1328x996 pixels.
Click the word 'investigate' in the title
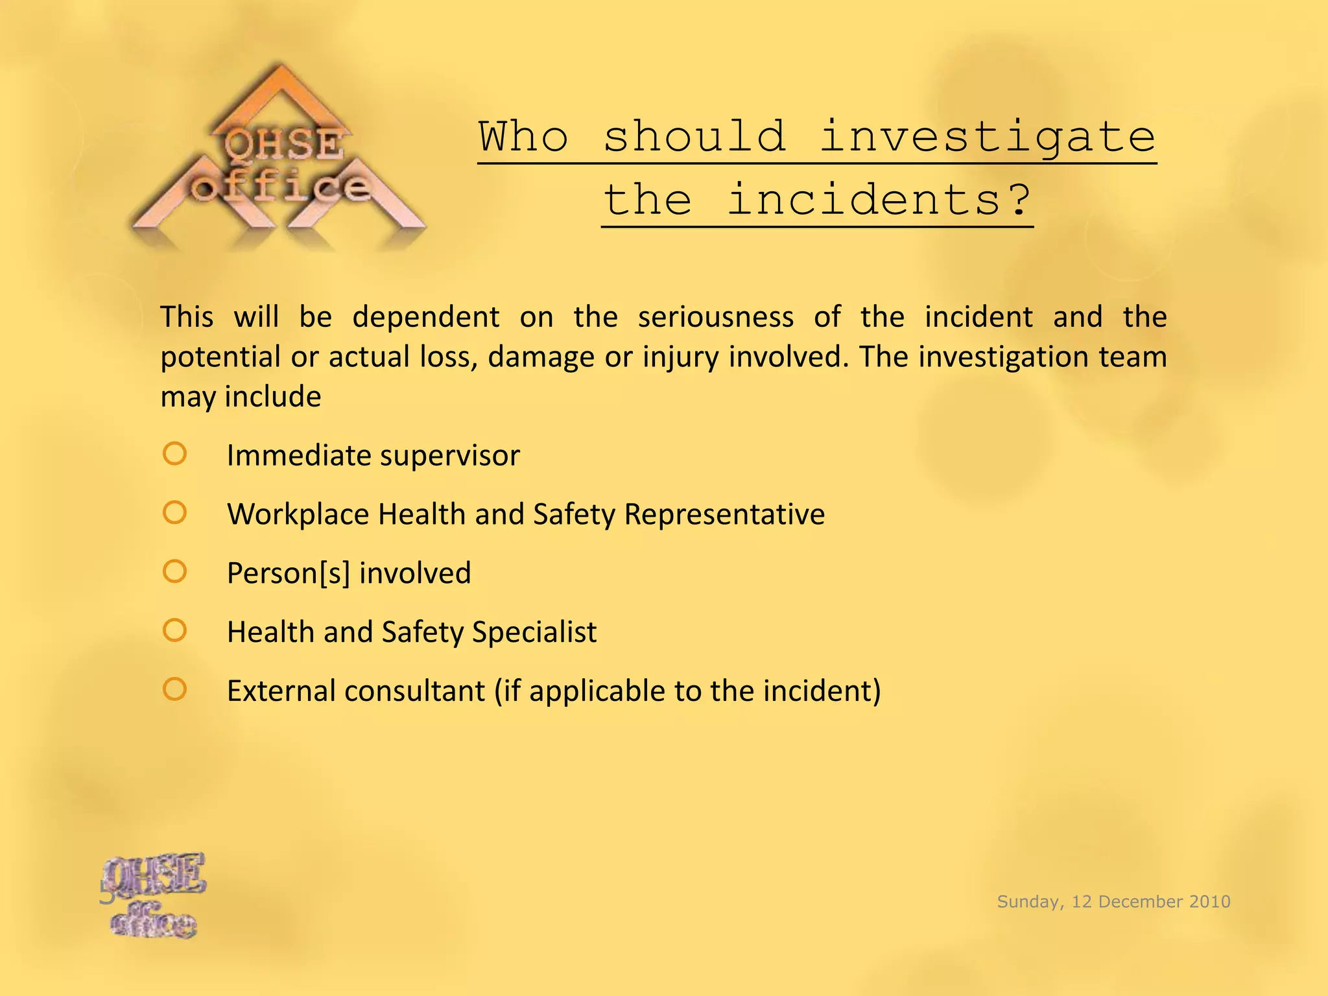click(988, 137)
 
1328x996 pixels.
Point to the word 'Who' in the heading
click(523, 137)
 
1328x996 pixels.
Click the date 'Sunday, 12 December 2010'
click(1113, 901)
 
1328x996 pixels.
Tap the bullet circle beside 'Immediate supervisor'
click(174, 454)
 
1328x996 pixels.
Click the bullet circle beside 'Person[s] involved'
click(174, 572)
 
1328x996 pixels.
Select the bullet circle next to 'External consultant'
click(174, 689)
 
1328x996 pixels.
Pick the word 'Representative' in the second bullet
click(724, 515)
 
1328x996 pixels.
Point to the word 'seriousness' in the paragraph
click(716, 318)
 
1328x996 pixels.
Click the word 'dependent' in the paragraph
click(426, 318)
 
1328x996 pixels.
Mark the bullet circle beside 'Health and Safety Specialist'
click(174, 630)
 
